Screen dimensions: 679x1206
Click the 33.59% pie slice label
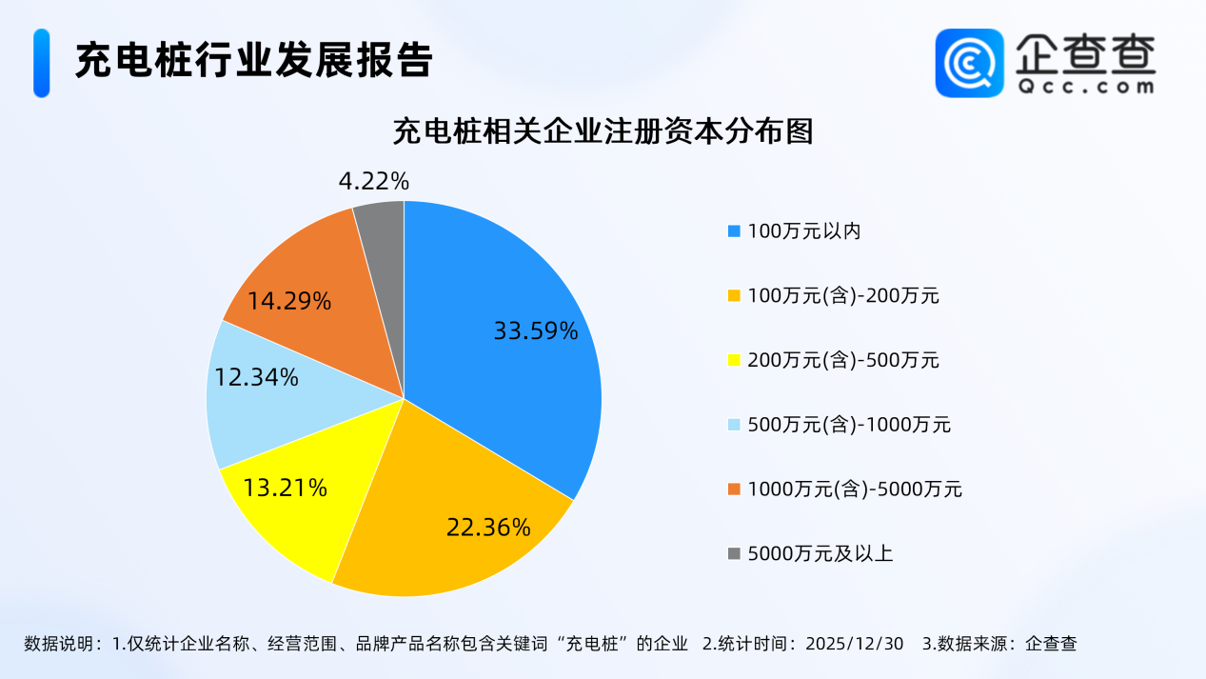tap(535, 331)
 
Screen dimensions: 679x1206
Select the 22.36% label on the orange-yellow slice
tap(488, 527)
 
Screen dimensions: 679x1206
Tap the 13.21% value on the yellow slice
tap(286, 489)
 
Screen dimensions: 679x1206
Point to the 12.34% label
tap(257, 377)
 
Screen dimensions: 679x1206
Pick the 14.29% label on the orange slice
tap(289, 302)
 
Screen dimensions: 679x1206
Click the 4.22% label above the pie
tap(373, 180)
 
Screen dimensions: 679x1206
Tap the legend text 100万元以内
tap(804, 230)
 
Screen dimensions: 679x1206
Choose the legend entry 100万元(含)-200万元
tap(843, 295)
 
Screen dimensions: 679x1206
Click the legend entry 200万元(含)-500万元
tap(843, 360)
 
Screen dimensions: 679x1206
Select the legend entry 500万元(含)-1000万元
tap(849, 425)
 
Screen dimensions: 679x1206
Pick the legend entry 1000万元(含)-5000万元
tap(855, 489)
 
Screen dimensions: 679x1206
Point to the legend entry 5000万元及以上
tap(820, 553)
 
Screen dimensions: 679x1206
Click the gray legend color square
tap(734, 553)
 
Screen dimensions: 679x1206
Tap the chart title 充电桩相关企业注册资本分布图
tap(603, 131)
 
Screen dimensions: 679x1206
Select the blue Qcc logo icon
tap(969, 63)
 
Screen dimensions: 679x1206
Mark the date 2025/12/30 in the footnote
tap(854, 644)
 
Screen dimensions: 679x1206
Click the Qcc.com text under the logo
tap(1085, 87)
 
